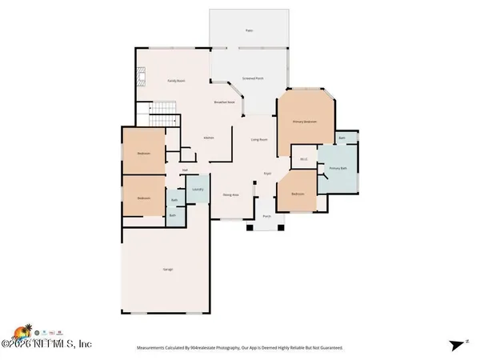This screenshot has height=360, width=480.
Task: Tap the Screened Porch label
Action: pyautogui.click(x=254, y=78)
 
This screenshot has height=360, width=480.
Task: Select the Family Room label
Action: pyautogui.click(x=176, y=81)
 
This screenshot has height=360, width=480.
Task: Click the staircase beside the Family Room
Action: pyautogui.click(x=162, y=108)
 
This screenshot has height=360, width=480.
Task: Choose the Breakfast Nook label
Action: pyautogui.click(x=224, y=102)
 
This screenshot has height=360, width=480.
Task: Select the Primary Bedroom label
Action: pyautogui.click(x=305, y=122)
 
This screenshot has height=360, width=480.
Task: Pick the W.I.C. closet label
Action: pyautogui.click(x=304, y=158)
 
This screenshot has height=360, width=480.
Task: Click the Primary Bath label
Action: pyautogui.click(x=338, y=169)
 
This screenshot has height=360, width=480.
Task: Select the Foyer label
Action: pyautogui.click(x=268, y=173)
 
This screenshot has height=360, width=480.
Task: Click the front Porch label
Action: pyautogui.click(x=267, y=216)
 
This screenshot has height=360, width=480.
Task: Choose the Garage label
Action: pyautogui.click(x=170, y=270)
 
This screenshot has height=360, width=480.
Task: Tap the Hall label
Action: pyautogui.click(x=185, y=170)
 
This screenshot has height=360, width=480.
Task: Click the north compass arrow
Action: pyautogui.click(x=457, y=344)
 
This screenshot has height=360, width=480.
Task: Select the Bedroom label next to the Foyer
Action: pyautogui.click(x=297, y=194)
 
